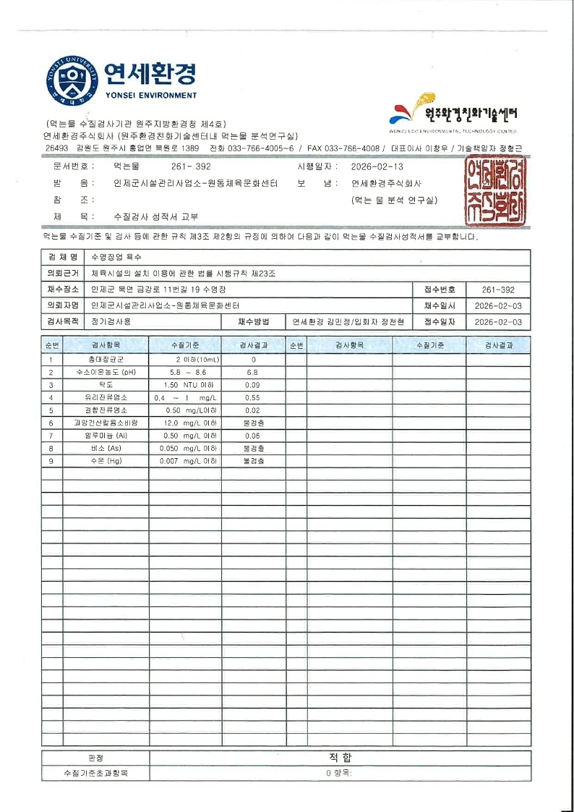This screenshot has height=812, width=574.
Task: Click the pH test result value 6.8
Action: click(252, 372)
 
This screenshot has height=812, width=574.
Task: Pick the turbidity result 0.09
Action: click(252, 385)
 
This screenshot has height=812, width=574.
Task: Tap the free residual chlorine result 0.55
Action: click(252, 398)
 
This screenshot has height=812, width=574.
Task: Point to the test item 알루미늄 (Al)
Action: click(104, 436)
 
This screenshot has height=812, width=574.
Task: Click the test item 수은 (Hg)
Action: click(104, 461)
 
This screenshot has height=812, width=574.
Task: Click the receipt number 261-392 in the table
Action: click(497, 289)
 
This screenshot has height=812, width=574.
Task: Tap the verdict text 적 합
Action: click(340, 758)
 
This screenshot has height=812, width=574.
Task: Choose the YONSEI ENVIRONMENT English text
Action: click(150, 96)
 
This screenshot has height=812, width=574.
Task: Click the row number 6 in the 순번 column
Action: click(51, 423)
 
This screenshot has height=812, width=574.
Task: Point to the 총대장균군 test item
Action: click(104, 360)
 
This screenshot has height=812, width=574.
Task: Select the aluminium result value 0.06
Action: click(252, 436)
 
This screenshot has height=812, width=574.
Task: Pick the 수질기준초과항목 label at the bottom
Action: click(95, 773)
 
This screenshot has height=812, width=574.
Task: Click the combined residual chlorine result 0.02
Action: click(252, 410)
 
